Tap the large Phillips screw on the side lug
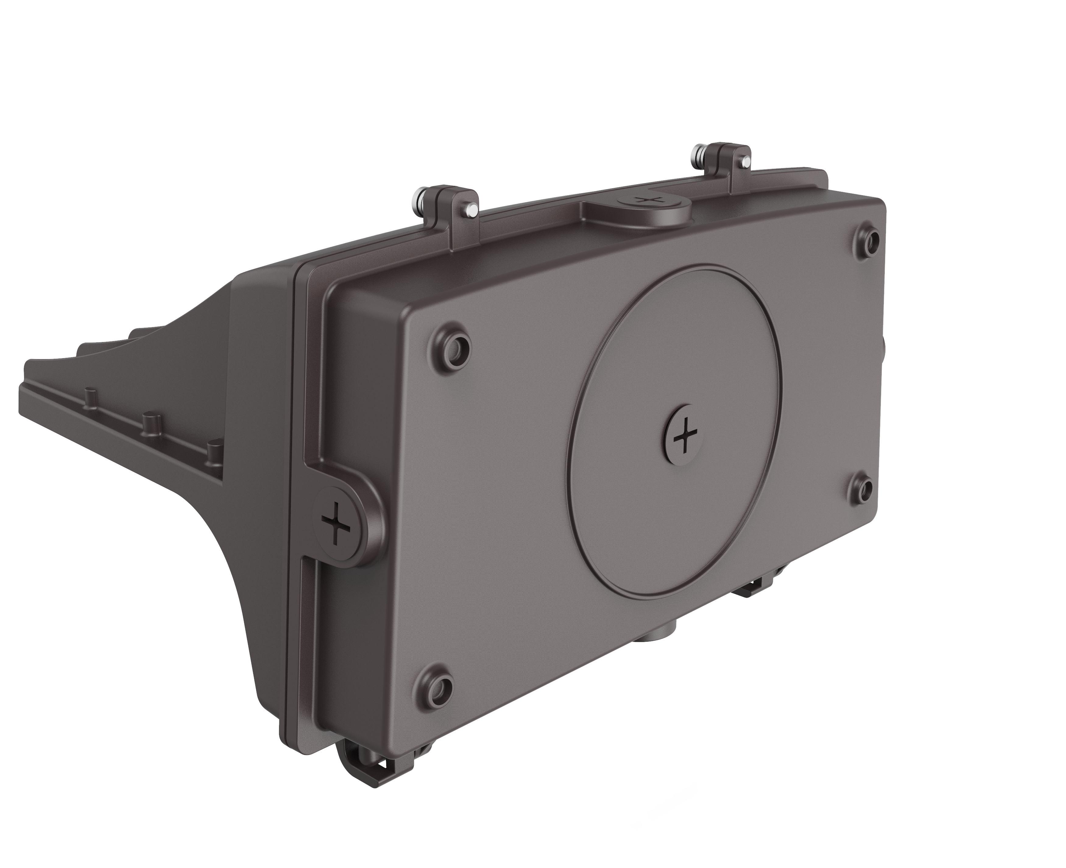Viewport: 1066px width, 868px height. click(x=336, y=524)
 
